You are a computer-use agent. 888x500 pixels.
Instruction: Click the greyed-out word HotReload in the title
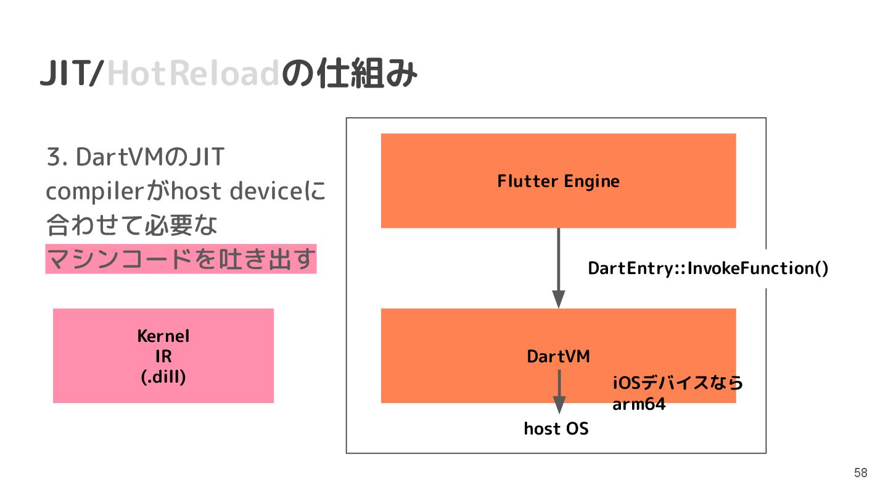point(194,75)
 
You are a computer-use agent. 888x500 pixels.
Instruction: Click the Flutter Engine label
point(558,181)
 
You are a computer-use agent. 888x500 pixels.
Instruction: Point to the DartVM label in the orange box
point(558,356)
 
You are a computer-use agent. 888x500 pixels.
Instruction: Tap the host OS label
point(556,428)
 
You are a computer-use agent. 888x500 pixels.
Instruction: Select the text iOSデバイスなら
point(678,383)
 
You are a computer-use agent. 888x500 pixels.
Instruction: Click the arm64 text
point(639,406)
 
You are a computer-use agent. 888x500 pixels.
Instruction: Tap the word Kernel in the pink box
point(163,336)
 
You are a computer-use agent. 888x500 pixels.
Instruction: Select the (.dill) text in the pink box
point(163,377)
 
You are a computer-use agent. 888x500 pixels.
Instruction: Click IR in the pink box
point(163,357)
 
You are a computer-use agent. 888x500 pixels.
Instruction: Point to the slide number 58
point(860,473)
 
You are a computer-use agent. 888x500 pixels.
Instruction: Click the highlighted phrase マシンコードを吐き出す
point(181,260)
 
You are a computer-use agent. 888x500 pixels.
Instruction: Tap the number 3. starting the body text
point(57,158)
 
